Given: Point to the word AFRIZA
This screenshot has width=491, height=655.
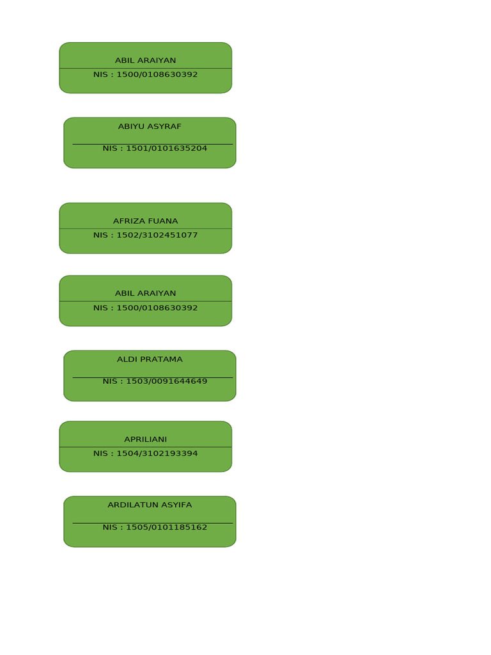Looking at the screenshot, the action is pos(127,221).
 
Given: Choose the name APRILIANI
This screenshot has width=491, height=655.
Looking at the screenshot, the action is pos(145,439).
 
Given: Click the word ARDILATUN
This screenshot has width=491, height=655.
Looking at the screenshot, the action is pos(130,505).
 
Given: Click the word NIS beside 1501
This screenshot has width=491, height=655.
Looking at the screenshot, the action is pos(110,148).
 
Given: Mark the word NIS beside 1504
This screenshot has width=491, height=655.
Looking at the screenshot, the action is pos(100,454).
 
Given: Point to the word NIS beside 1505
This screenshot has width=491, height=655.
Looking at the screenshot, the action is pos(110,528).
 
